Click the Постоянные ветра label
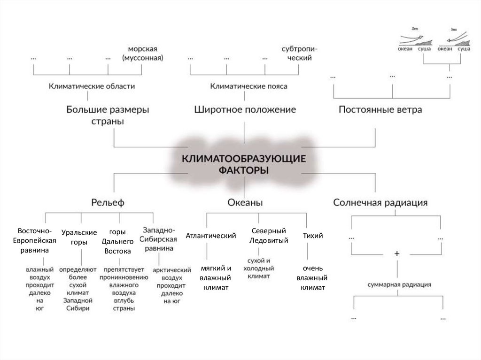click(380, 110)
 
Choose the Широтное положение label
click(245, 110)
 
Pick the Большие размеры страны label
click(108, 115)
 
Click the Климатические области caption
click(92, 86)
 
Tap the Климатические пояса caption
click(248, 86)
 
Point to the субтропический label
click(297, 54)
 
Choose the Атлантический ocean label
click(210, 235)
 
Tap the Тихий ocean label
click(313, 235)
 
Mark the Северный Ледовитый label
click(269, 235)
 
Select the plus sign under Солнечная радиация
click(397, 253)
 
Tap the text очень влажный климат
click(313, 278)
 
